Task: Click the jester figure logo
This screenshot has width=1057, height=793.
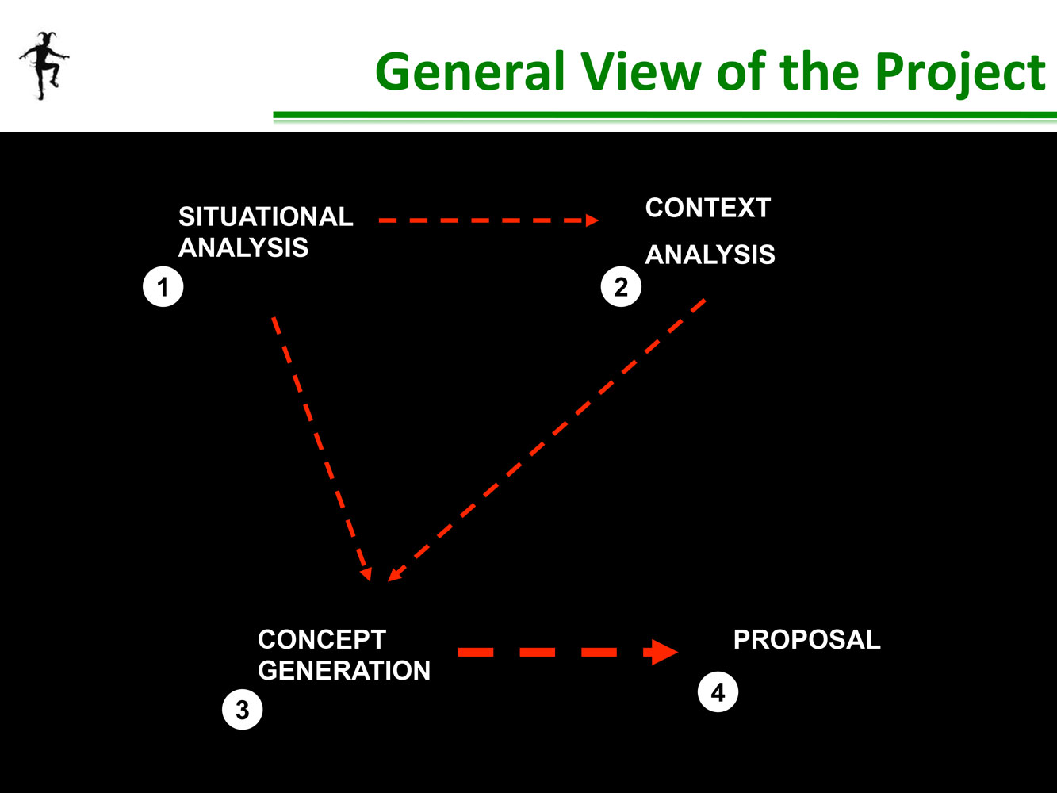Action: [x=44, y=66]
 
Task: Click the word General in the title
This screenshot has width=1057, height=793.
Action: [x=470, y=71]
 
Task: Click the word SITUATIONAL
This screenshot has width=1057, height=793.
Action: [x=266, y=216]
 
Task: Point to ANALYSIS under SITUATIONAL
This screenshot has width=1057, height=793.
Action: [x=243, y=247]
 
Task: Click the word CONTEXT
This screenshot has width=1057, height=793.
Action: [x=708, y=208]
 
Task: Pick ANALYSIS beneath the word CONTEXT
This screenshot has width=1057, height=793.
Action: [x=710, y=255]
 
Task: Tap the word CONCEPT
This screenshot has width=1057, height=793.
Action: [x=322, y=639]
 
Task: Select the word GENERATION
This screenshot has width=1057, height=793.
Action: [x=344, y=670]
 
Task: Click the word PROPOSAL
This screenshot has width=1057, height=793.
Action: [x=806, y=639]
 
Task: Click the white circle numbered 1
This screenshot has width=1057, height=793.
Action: [x=163, y=286]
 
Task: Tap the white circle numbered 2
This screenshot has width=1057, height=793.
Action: [x=621, y=286]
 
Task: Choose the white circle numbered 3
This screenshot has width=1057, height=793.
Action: [x=242, y=709]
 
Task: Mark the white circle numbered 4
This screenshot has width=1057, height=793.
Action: [x=718, y=691]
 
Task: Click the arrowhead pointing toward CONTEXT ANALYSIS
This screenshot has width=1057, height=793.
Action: [x=592, y=220]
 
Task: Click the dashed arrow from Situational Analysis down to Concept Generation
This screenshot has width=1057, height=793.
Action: [x=321, y=449]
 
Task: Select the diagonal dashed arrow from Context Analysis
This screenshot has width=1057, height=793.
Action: [x=546, y=440]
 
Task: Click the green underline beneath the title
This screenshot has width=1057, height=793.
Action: [x=665, y=116]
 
